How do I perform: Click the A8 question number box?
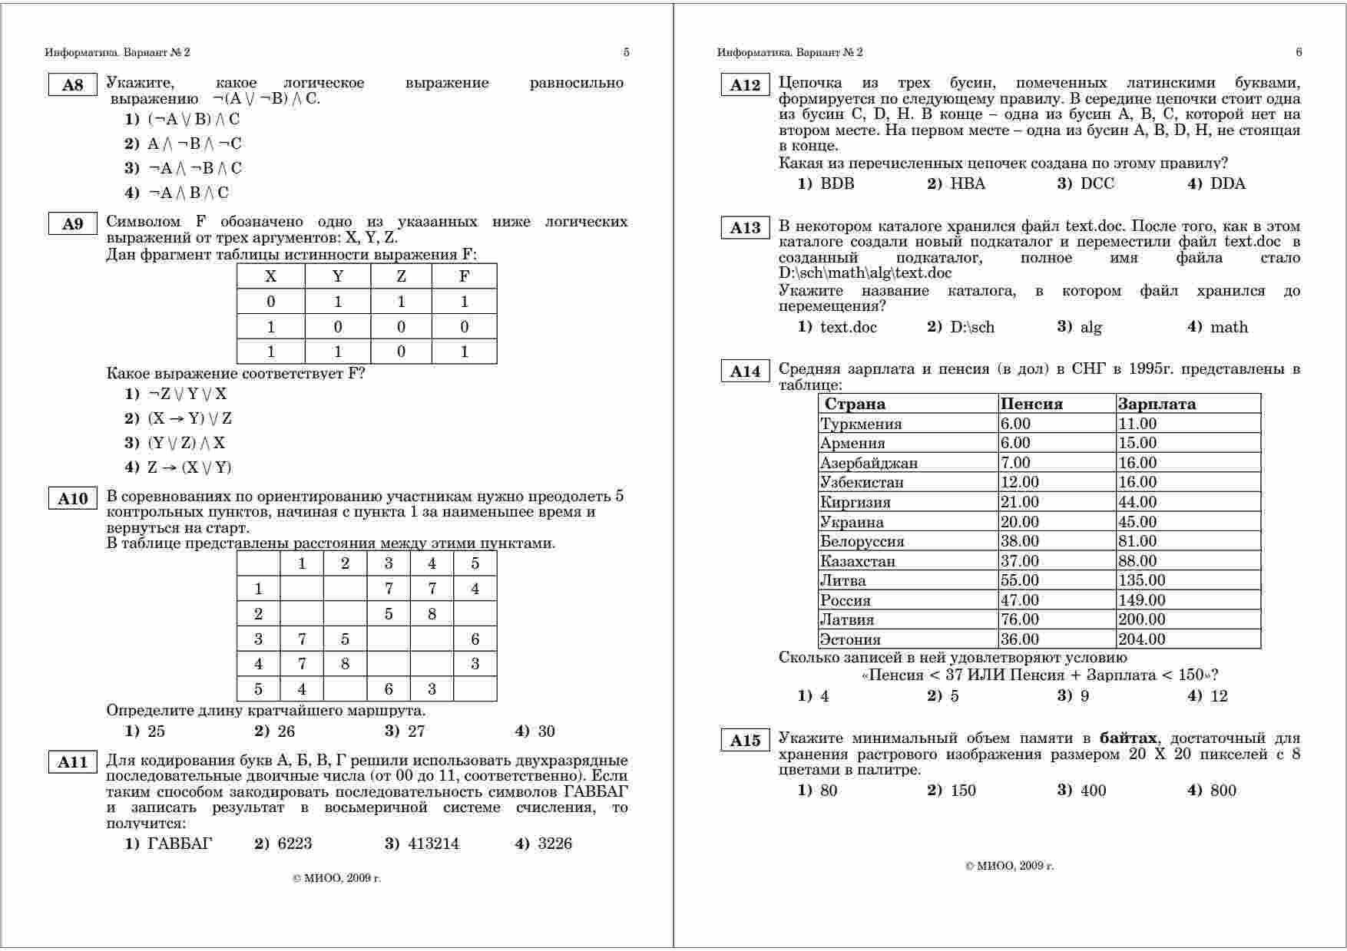tap(72, 84)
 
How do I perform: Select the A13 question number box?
tap(744, 227)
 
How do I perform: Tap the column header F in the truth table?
tap(464, 276)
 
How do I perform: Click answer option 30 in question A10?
tap(545, 731)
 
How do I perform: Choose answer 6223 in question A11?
tap(295, 844)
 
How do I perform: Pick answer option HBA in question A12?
tap(967, 183)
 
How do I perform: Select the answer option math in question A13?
tap(1229, 327)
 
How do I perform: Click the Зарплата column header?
tap(1157, 404)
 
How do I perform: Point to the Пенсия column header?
tap(1031, 404)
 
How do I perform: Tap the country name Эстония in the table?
tap(850, 639)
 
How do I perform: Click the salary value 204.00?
tap(1141, 639)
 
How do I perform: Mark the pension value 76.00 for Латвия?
tap(1019, 619)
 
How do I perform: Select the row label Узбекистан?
tap(862, 482)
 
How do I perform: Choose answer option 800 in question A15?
tap(1223, 791)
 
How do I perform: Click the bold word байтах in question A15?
tap(1127, 738)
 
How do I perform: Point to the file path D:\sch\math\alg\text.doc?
tap(865, 273)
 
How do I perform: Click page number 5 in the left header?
tap(626, 52)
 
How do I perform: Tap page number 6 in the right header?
tap(1299, 52)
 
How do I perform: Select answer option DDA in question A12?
tap(1227, 183)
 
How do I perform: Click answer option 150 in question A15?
tap(963, 791)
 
